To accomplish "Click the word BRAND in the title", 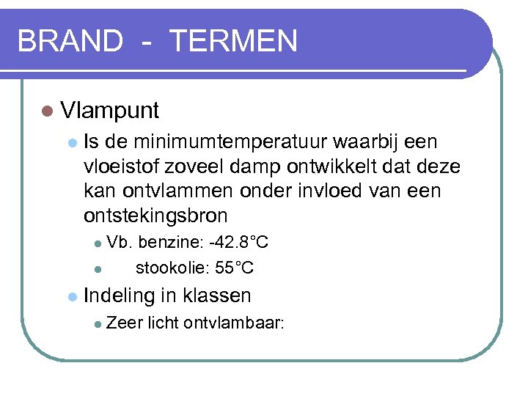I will pos(70,41).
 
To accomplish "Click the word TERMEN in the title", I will pos(233,41).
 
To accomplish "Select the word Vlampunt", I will pos(110,111).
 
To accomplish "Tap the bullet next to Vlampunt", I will pos(48,111).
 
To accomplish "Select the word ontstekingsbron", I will pos(156,216).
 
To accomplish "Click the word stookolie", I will pos(172,268).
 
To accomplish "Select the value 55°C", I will pos(235,268).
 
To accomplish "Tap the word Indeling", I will pos(119,296).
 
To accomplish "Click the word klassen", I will pos(217,296).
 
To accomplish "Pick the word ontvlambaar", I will pos(234,322).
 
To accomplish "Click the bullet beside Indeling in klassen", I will pos(72,297).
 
